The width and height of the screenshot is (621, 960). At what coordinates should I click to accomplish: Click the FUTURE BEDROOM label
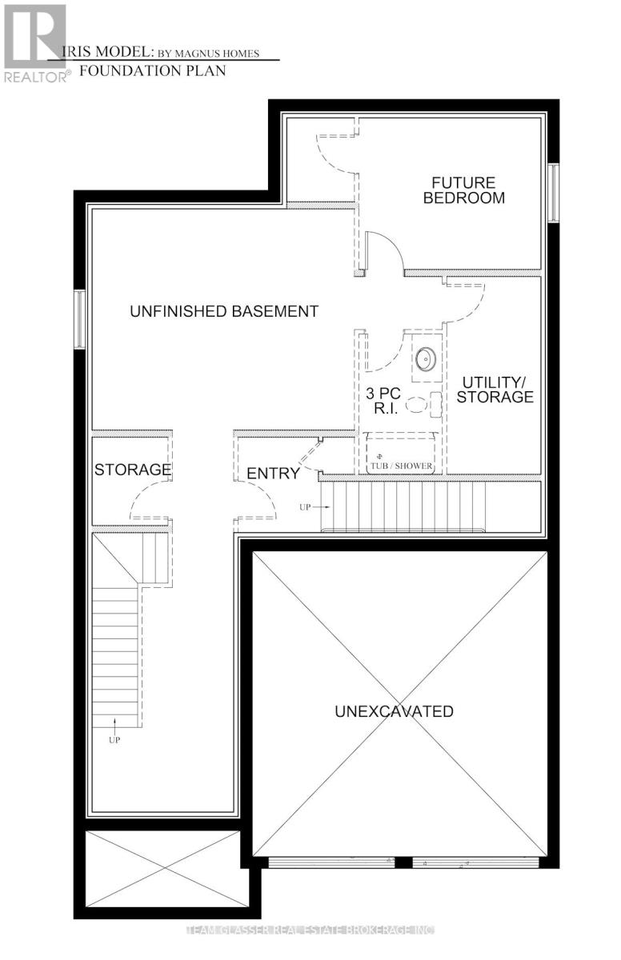tap(464, 190)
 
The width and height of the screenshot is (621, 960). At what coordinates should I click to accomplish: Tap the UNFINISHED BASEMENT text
tap(224, 311)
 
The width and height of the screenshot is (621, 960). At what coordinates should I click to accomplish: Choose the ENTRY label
tap(273, 474)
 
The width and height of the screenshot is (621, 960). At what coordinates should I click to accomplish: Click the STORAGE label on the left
tap(133, 470)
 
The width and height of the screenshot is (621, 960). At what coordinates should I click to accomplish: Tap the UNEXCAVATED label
tap(395, 711)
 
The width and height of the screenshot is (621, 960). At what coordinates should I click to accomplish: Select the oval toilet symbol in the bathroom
tap(418, 406)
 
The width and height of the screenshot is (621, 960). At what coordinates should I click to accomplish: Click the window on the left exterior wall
tap(79, 318)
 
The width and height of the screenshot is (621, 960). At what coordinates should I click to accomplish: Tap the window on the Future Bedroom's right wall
tap(552, 192)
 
